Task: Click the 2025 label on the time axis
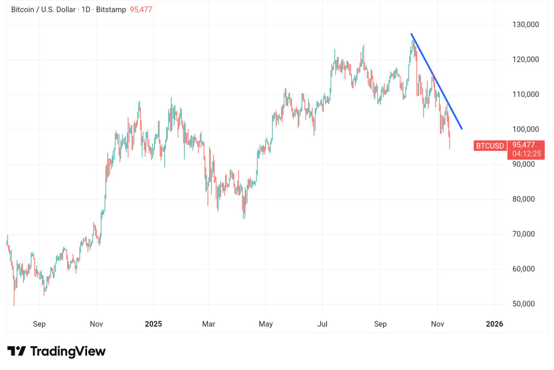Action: click(153, 324)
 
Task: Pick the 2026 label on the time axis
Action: click(494, 324)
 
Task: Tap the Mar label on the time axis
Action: click(208, 324)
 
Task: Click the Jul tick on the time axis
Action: click(322, 324)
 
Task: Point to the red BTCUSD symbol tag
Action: click(490, 145)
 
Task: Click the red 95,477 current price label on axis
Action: click(524, 145)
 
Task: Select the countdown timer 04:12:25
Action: click(524, 153)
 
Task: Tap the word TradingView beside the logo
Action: click(68, 351)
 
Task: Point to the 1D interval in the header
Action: click(84, 10)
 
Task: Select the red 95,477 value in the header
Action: click(141, 10)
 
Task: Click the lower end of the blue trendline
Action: click(461, 128)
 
